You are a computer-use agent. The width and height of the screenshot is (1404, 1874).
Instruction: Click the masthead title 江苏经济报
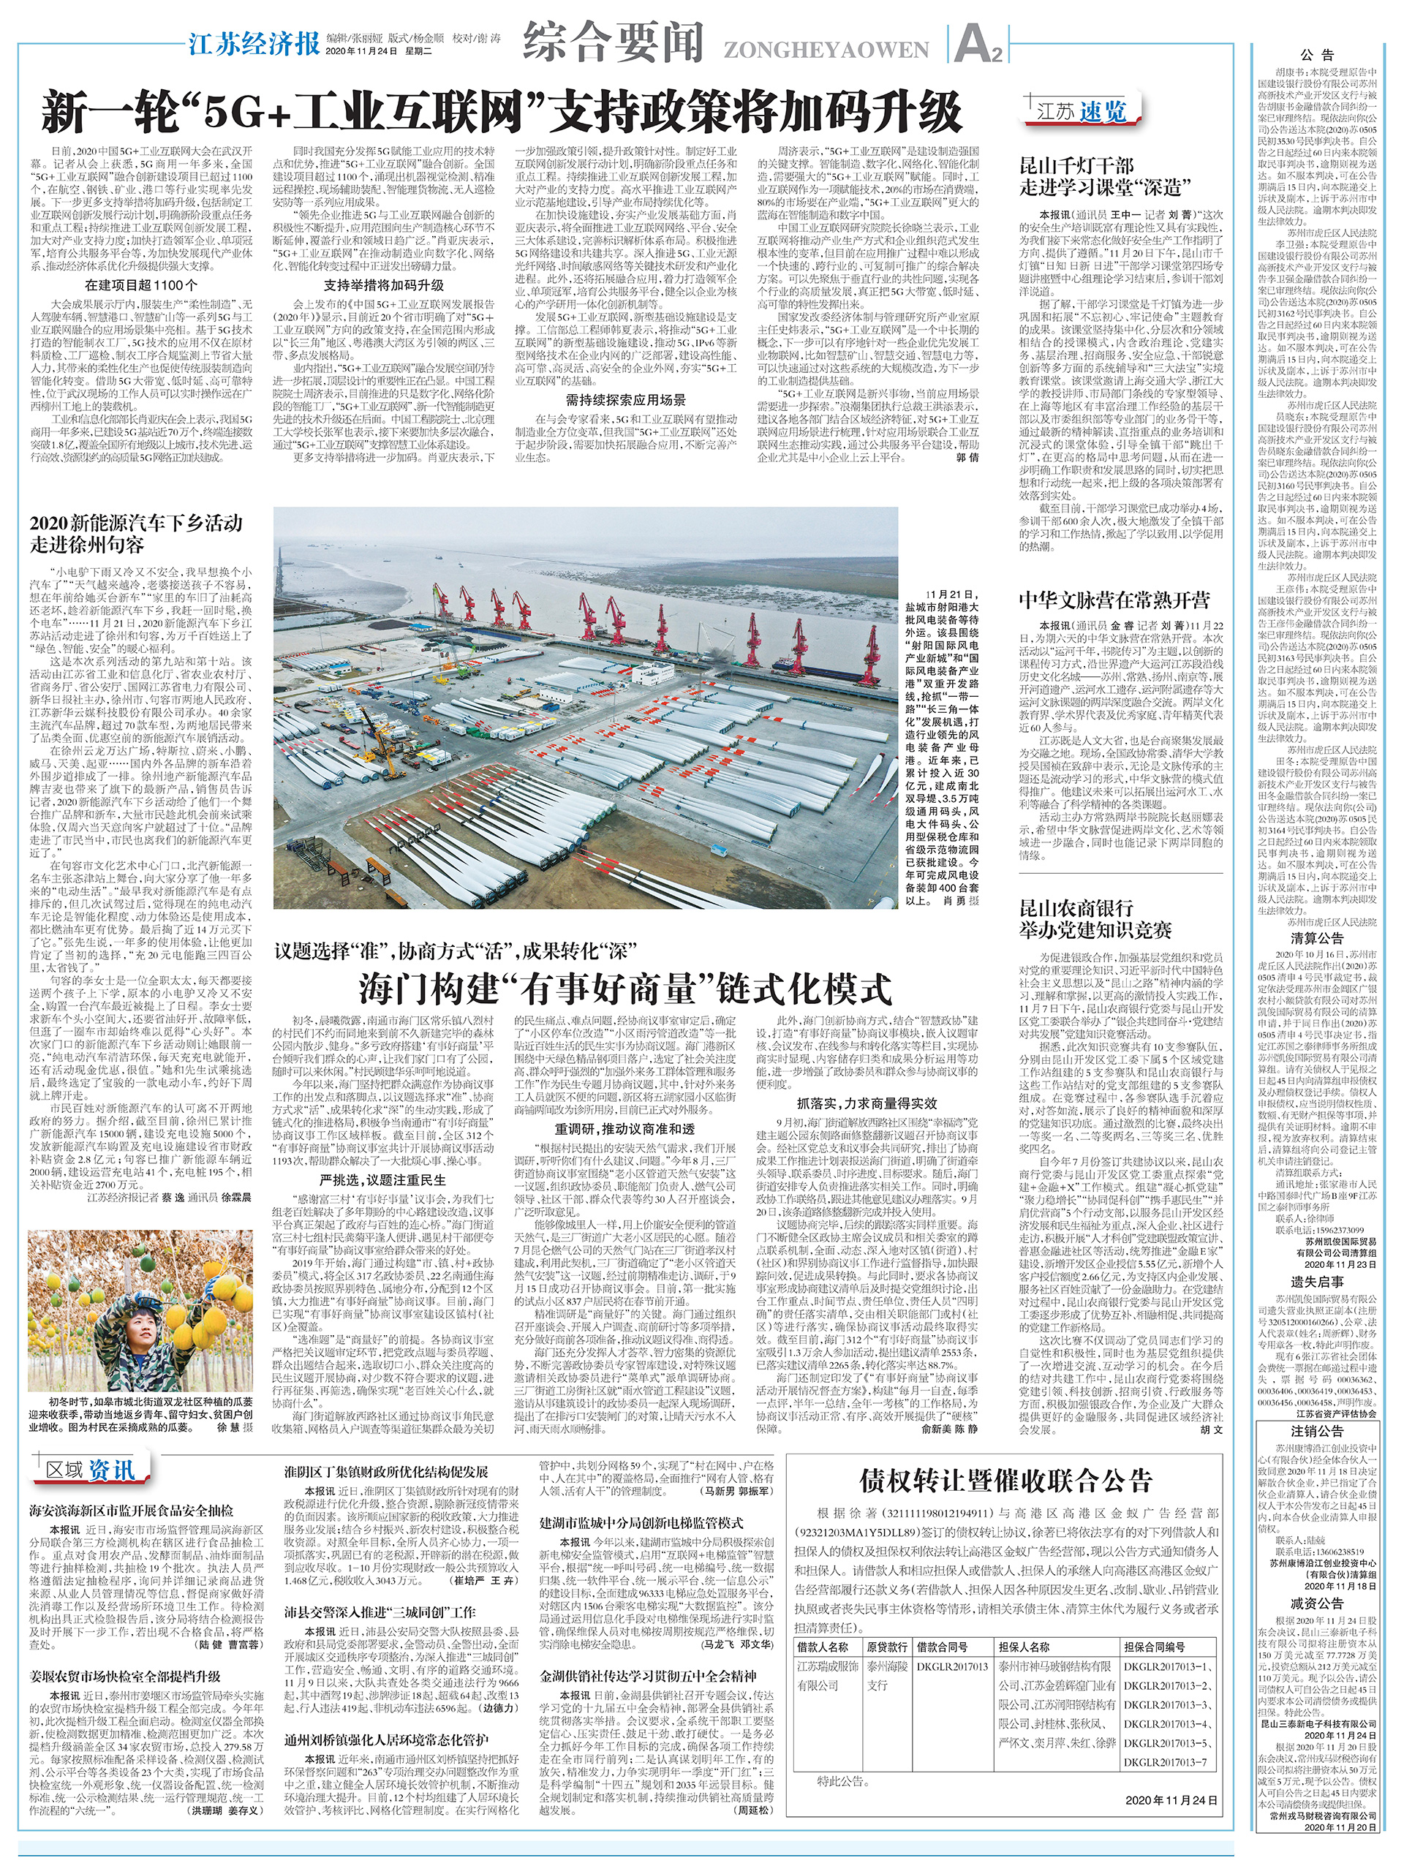click(x=254, y=42)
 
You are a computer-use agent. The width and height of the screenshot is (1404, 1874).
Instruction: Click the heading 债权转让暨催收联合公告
click(x=1005, y=1480)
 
